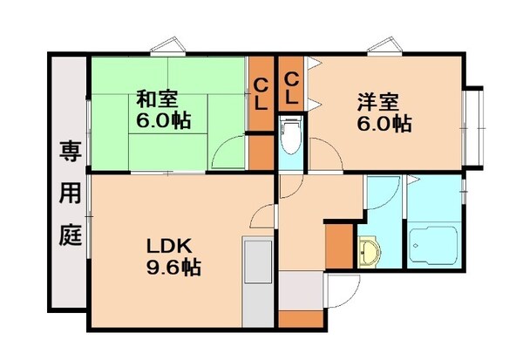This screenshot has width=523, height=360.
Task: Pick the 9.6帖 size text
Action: coord(172,268)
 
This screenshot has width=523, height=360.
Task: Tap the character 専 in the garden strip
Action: coord(70,150)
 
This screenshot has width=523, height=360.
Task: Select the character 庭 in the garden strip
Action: coord(70,234)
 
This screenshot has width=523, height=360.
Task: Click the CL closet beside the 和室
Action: coord(261,91)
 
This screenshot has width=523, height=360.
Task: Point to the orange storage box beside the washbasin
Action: coord(340,246)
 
